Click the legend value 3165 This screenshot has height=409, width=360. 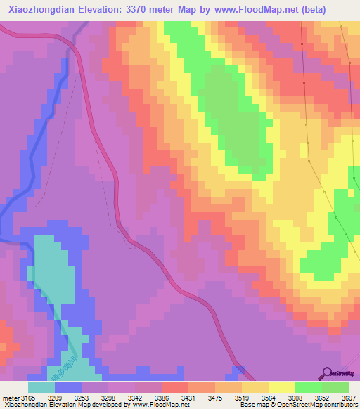(x=28, y=396)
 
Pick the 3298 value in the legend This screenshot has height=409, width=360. (x=108, y=396)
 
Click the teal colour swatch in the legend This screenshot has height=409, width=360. (x=41, y=387)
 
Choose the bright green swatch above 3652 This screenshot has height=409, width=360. (x=309, y=387)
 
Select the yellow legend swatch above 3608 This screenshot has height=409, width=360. (x=282, y=387)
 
